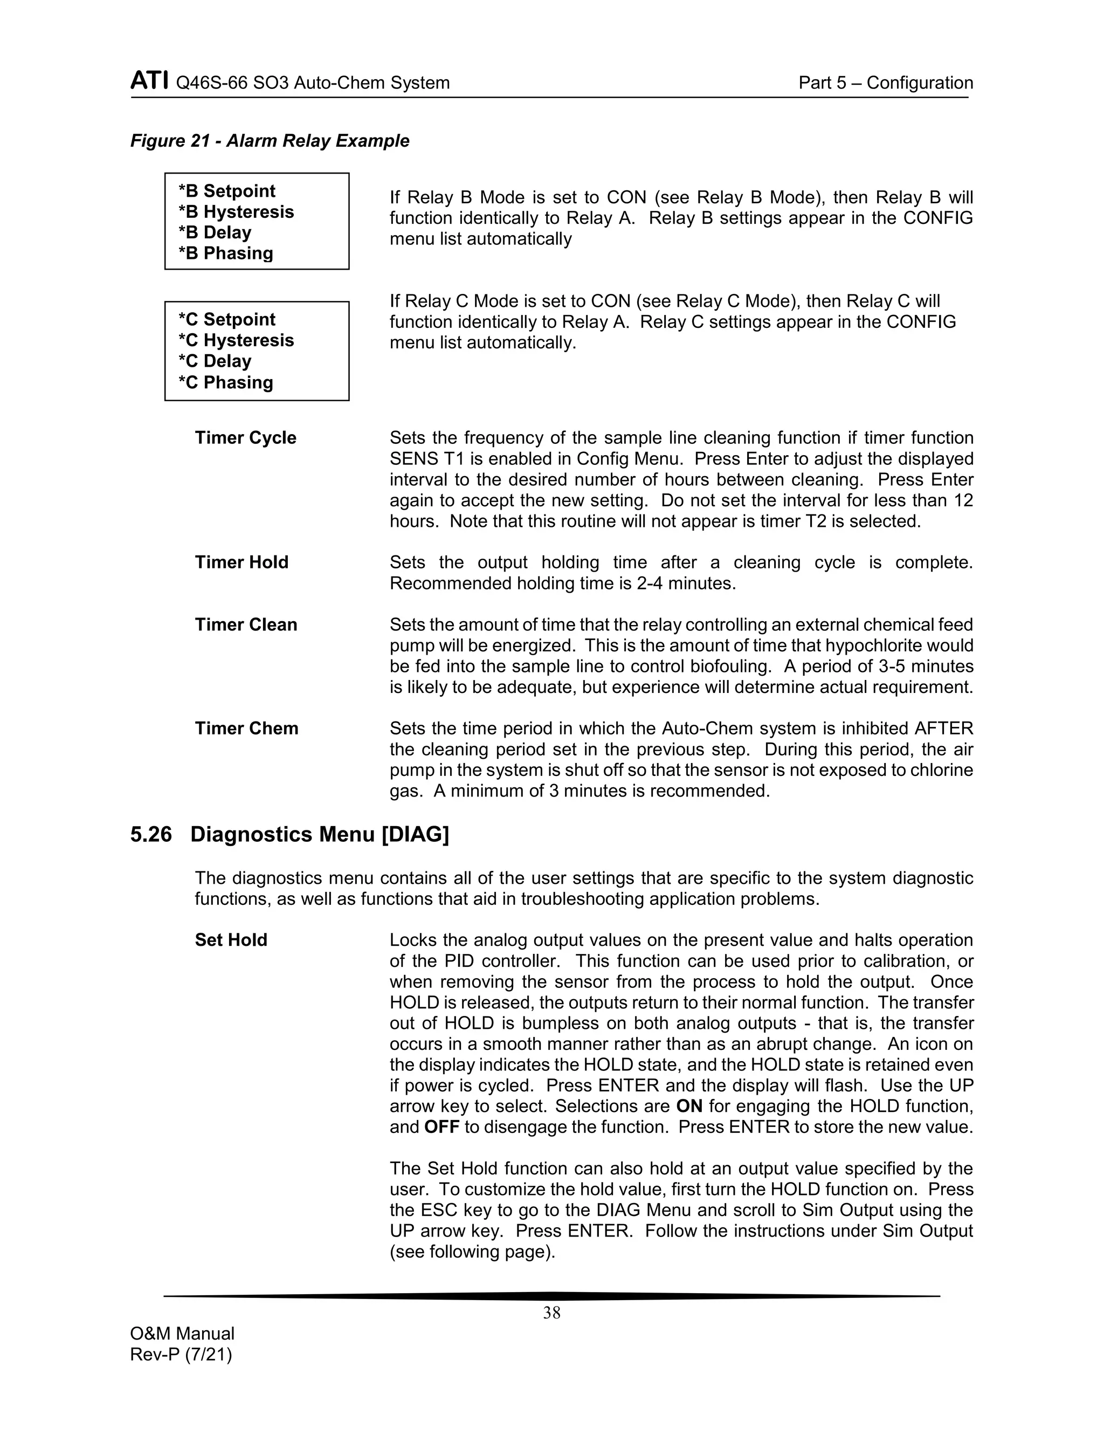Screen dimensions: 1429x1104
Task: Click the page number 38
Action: click(551, 1313)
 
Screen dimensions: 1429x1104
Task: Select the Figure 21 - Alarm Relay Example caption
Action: click(270, 141)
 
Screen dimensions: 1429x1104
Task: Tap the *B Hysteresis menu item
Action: click(236, 212)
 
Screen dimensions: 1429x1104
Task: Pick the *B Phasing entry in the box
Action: click(226, 253)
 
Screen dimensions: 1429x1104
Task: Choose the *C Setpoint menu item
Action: click(227, 319)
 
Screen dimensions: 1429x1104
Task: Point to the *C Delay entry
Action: click(215, 361)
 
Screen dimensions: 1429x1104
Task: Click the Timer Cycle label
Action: click(245, 438)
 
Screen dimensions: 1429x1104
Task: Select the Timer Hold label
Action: click(241, 562)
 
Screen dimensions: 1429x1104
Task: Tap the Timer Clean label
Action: click(246, 625)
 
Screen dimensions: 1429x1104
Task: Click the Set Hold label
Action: click(231, 940)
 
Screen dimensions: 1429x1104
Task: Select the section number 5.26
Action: click(151, 835)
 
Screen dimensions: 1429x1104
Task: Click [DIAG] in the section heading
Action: click(415, 835)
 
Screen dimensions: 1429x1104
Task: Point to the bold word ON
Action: click(689, 1107)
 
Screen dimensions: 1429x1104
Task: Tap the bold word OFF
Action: click(442, 1128)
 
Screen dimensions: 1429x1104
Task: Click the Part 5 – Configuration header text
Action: click(886, 83)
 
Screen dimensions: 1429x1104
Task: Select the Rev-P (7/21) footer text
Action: click(181, 1355)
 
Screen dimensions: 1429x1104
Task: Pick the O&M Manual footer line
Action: click(183, 1334)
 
